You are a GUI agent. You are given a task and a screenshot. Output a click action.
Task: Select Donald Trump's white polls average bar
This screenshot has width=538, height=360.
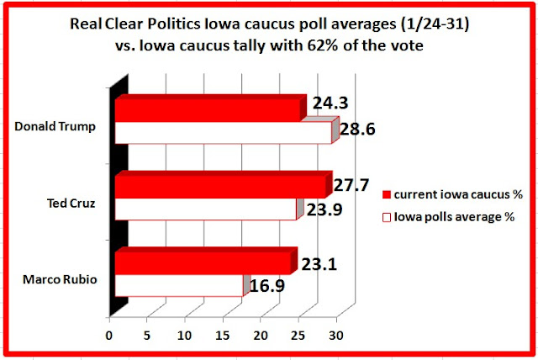(223, 133)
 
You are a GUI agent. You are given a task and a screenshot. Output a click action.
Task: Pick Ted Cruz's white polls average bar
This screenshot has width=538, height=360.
(205, 209)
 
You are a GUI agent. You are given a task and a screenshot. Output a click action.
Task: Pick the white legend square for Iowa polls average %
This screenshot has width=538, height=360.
(388, 216)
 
